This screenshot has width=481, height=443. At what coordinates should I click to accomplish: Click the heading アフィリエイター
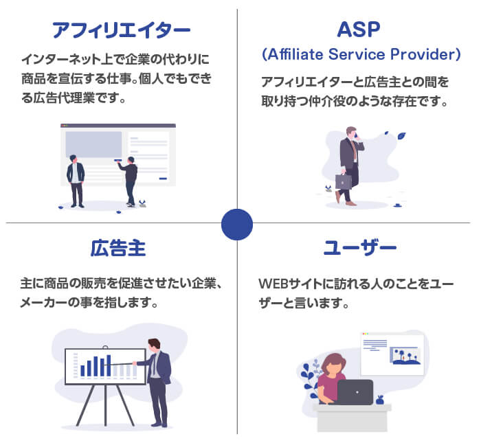pos(122,30)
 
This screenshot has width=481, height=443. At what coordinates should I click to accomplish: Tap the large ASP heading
pos(358,30)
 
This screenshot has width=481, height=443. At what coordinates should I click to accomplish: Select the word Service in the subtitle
pos(357,54)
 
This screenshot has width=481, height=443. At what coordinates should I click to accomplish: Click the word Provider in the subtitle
pos(423,54)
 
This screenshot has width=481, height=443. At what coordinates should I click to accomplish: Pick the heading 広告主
pos(118,248)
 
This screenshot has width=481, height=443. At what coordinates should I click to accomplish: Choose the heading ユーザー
pos(360,248)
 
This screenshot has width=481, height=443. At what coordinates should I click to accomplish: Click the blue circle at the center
pos(237,225)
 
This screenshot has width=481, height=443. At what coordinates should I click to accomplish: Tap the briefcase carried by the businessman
pos(344,181)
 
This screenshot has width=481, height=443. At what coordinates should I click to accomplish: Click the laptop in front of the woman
pos(355,391)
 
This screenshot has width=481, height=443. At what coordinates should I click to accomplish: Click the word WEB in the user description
pos(273,284)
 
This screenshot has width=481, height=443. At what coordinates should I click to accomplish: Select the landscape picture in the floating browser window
pos(405,356)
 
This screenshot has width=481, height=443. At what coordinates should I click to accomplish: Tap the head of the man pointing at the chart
pos(154,345)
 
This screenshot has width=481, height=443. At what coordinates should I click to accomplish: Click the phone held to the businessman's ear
pos(356,135)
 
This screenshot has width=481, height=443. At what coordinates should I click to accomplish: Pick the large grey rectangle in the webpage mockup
pos(93,144)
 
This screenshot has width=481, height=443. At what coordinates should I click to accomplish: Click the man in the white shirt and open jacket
pos(76,181)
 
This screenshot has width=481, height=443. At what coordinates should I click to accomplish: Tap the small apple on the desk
pos(380,400)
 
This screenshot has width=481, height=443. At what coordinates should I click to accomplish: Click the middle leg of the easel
pos(105,405)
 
